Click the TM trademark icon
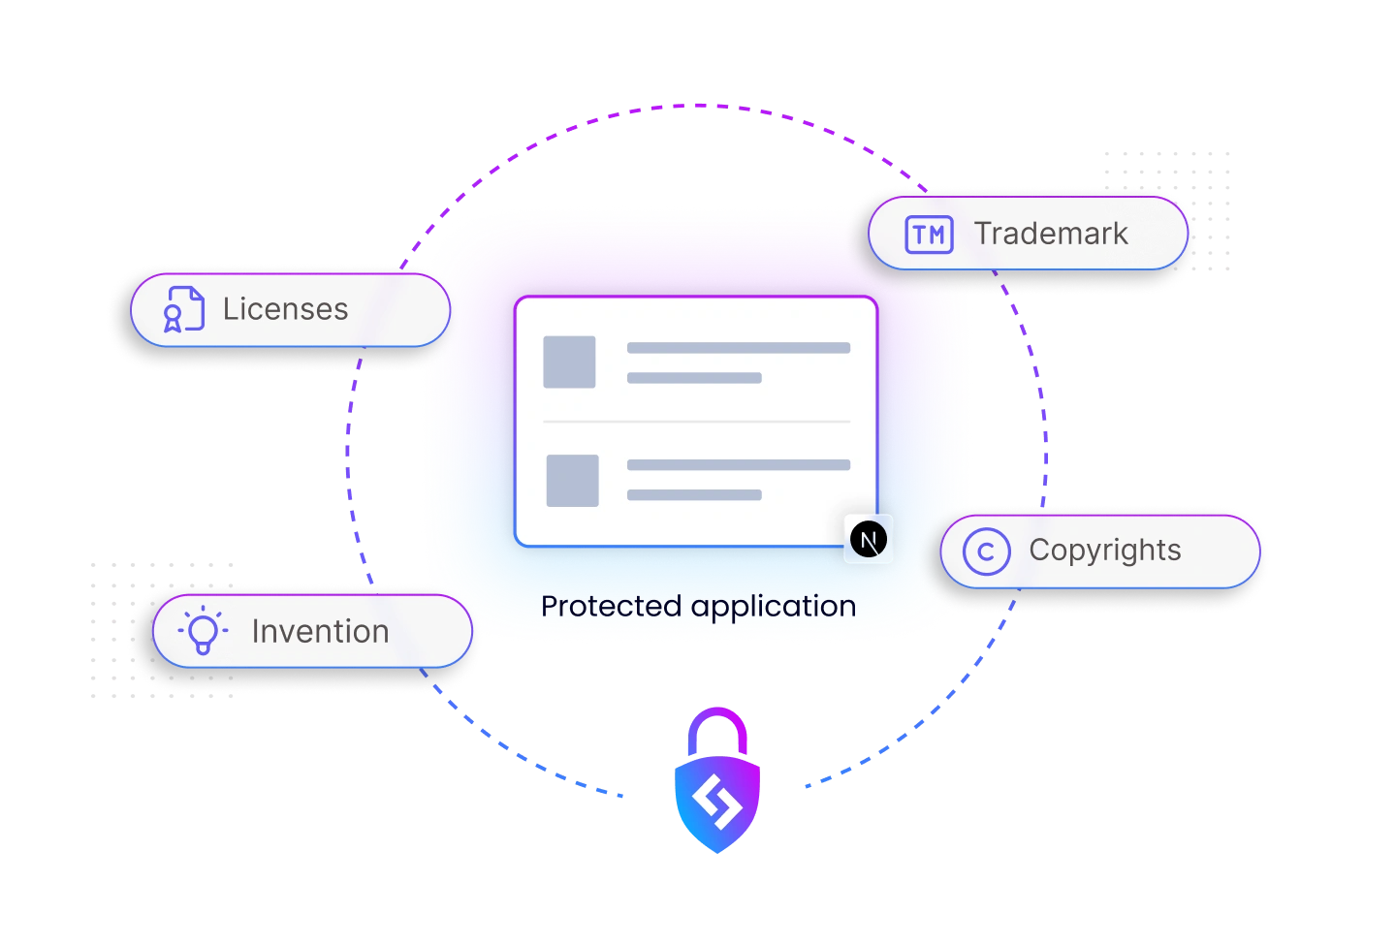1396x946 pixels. point(929,235)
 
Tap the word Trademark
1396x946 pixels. point(1051,234)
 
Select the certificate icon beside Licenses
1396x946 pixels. point(182,309)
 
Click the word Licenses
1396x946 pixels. point(285,309)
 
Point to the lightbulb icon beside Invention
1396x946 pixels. point(203,631)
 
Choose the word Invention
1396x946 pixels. point(320,632)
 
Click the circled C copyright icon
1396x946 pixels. point(986,552)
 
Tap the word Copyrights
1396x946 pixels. point(1104,551)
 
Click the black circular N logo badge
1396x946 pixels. point(868,539)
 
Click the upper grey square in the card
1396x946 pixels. point(569,362)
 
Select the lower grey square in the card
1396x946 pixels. point(572,480)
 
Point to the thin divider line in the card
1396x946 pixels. point(696,422)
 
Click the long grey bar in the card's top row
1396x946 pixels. point(738,348)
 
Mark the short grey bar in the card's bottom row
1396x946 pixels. point(693,495)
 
